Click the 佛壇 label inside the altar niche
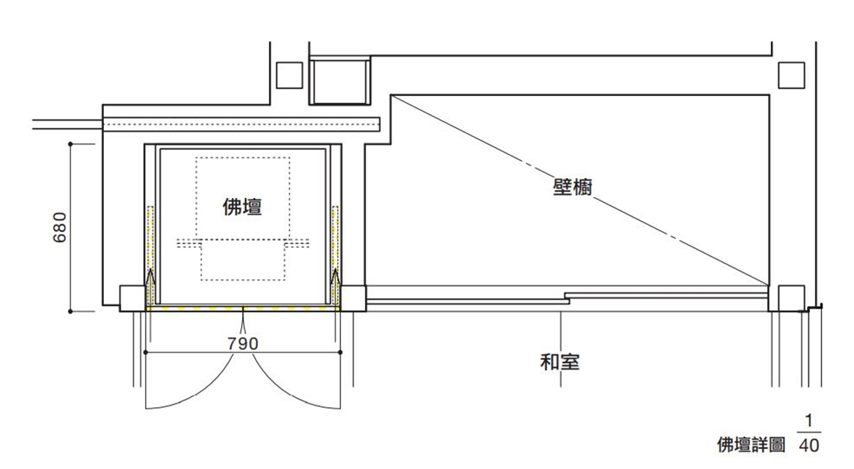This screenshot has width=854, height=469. (243, 206)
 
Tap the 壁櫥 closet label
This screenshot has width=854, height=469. (573, 187)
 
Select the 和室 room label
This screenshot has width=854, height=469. (560, 362)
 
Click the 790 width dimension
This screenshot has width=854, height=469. (243, 344)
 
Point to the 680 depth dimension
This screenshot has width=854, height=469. (60, 228)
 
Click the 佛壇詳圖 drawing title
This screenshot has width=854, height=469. (751, 445)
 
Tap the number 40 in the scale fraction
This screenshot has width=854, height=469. (809, 446)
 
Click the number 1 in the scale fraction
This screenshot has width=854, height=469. (808, 421)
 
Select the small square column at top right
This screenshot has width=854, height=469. (791, 75)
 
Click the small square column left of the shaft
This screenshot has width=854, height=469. (290, 75)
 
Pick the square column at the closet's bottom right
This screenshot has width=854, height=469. (791, 298)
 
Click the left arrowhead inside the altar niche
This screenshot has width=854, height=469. (151, 277)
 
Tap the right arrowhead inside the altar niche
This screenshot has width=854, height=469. (335, 277)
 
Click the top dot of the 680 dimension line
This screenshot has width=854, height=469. (70, 144)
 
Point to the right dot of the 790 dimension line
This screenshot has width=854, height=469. (340, 352)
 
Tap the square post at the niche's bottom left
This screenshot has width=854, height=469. (132, 298)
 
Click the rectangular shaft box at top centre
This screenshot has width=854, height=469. (339, 81)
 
